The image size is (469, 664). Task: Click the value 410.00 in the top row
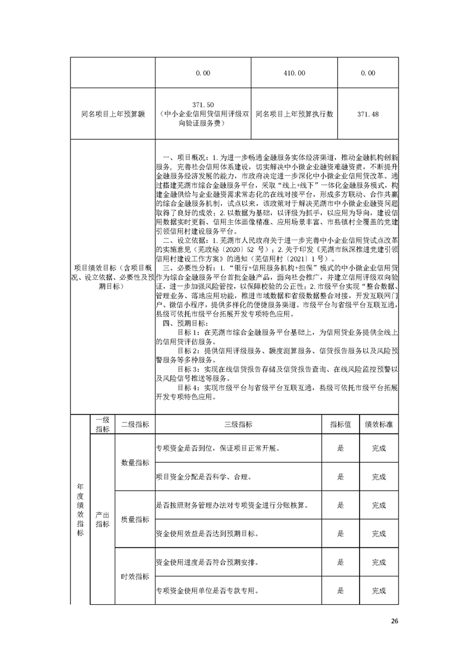[x=294, y=73]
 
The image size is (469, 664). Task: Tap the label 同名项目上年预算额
[x=112, y=114]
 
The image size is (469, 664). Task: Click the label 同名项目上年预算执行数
[x=294, y=114]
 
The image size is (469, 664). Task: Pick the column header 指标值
[x=340, y=424]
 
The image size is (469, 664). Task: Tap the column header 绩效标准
[x=379, y=424]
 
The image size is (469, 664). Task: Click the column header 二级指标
[x=135, y=424]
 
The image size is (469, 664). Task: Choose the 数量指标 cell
[x=135, y=462]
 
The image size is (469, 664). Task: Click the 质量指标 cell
[x=135, y=519]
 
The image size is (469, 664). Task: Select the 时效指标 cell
[x=135, y=576]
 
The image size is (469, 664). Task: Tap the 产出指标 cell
[x=102, y=519]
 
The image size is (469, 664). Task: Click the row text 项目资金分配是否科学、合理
[x=205, y=476]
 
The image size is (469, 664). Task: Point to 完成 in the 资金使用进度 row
[x=379, y=562]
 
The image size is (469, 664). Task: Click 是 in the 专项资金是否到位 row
[x=340, y=448]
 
